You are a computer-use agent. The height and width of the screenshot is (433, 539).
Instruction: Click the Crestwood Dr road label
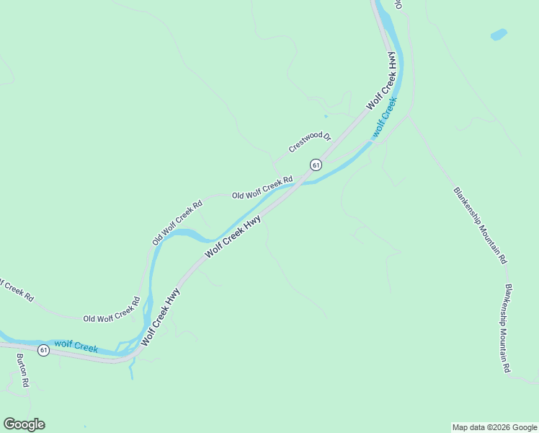coord(309,142)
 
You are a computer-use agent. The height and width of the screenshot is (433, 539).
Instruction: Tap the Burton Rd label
coord(22,371)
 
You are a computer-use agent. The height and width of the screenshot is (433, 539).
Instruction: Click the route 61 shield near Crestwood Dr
coord(316,165)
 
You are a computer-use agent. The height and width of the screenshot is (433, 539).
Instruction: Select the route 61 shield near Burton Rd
coord(44,350)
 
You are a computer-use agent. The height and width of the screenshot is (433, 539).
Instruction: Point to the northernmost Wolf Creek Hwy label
coord(383,80)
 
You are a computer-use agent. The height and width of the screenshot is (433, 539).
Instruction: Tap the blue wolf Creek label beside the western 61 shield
coord(76,347)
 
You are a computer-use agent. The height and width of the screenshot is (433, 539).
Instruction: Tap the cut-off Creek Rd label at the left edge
coord(16,290)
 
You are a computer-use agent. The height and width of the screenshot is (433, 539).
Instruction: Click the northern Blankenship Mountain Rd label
coord(481,225)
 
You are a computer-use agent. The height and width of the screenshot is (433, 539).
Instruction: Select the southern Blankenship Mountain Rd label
coord(507,328)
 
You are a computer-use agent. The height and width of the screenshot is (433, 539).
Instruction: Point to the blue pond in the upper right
coord(498,34)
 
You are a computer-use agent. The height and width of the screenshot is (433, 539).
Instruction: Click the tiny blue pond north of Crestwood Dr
coord(326,115)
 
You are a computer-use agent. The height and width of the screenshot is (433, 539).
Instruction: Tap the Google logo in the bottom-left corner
coord(24,424)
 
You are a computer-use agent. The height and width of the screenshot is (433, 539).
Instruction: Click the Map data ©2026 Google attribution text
coord(494,427)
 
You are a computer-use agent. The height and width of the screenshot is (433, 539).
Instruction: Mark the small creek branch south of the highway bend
coord(130,370)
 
